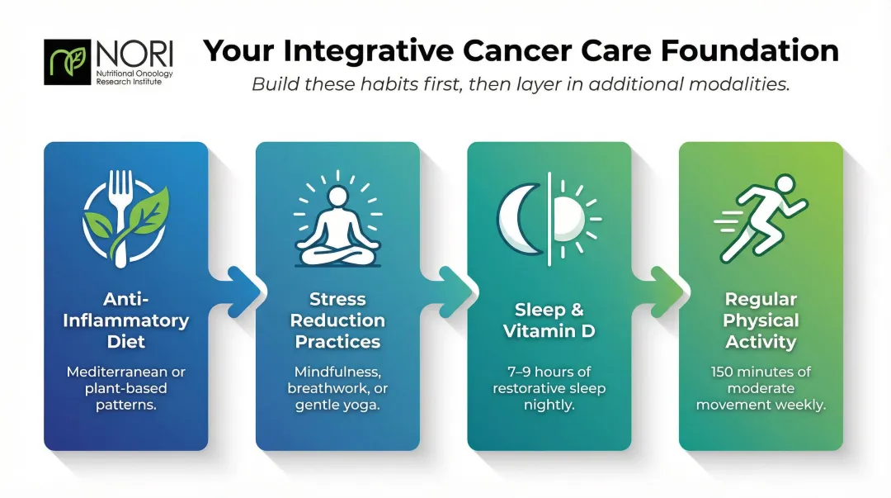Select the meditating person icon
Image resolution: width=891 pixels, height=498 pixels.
337,218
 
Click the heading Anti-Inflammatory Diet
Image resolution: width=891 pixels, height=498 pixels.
125,320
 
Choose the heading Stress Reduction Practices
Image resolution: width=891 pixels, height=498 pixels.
338,320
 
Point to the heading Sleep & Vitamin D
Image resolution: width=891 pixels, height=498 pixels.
549,320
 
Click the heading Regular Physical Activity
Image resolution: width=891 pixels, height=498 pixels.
761,320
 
